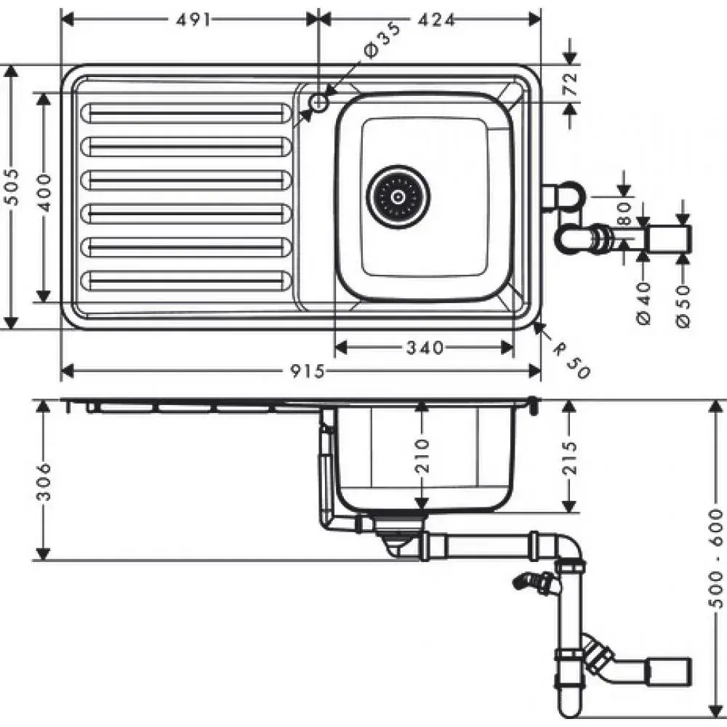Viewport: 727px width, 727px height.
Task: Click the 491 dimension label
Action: [x=193, y=20]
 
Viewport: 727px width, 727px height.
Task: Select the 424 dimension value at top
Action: [x=436, y=20]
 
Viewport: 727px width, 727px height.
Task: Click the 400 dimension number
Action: [x=44, y=193]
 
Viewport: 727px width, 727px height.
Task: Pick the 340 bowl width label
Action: [x=425, y=347]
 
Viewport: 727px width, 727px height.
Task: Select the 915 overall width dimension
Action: [x=307, y=371]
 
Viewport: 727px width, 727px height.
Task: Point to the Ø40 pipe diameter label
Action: [x=644, y=304]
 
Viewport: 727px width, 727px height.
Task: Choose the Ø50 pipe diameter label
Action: [x=683, y=307]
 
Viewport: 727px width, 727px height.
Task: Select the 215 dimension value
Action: [x=570, y=458]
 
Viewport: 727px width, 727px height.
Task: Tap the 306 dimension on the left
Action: [x=44, y=481]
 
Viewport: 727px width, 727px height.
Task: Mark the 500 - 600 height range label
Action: [x=716, y=558]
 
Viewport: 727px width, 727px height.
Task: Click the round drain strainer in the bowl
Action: [x=398, y=196]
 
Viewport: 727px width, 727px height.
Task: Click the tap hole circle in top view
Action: [x=318, y=102]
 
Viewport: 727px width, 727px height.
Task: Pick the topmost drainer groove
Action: [x=186, y=113]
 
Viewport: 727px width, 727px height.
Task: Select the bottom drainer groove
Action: [x=186, y=281]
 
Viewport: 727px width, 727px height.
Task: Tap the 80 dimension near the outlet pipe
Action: [x=624, y=214]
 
